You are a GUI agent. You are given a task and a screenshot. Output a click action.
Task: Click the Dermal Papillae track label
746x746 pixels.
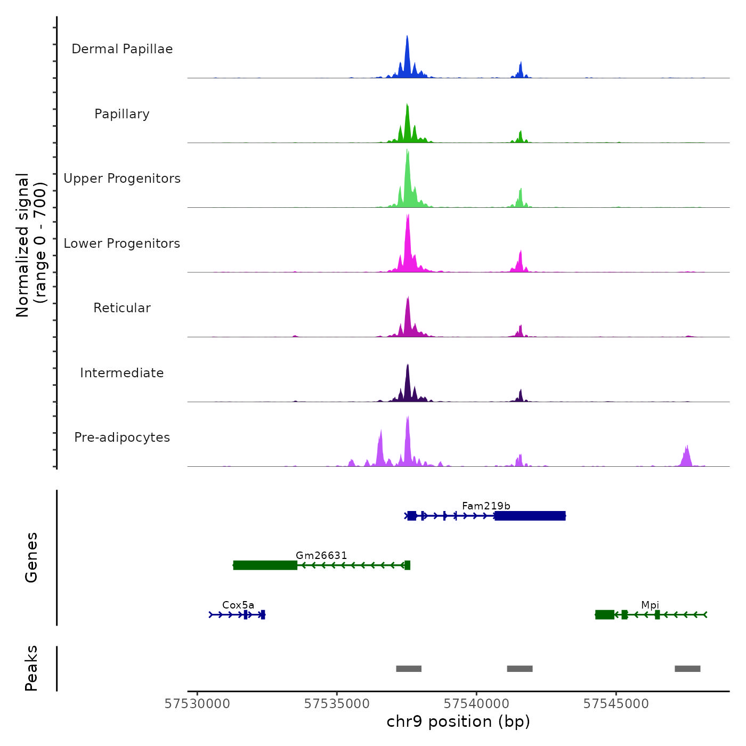click(122, 49)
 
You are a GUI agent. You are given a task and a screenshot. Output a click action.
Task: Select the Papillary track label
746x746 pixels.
click(122, 114)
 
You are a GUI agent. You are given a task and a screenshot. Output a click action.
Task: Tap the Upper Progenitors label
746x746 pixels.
click(122, 179)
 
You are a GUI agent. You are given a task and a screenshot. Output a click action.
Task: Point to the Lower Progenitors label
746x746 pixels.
click(122, 244)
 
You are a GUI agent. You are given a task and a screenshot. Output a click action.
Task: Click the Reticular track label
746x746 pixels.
click(122, 308)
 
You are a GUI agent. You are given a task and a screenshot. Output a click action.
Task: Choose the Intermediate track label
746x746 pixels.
click(122, 373)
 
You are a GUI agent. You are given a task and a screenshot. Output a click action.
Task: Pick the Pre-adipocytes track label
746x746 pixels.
click(122, 437)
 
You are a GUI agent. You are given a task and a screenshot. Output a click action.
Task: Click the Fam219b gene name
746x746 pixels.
click(486, 506)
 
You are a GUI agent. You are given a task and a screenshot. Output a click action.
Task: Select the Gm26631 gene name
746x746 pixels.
click(321, 555)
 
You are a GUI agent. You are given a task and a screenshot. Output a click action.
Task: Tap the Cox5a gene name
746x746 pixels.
click(238, 605)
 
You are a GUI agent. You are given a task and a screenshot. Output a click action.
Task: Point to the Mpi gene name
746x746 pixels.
click(650, 605)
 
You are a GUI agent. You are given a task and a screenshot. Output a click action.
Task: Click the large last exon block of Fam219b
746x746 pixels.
click(530, 516)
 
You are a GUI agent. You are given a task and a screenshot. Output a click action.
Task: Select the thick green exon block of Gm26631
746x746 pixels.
click(265, 565)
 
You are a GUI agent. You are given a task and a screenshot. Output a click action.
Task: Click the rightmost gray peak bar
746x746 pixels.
click(687, 669)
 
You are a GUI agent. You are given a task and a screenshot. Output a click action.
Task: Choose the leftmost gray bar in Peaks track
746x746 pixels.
click(409, 669)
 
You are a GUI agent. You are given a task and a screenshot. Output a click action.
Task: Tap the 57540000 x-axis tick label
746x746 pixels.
click(476, 704)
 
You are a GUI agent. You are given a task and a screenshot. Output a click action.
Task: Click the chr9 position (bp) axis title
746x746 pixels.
click(458, 721)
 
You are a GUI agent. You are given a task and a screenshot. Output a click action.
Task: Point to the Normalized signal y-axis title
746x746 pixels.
click(31, 245)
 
